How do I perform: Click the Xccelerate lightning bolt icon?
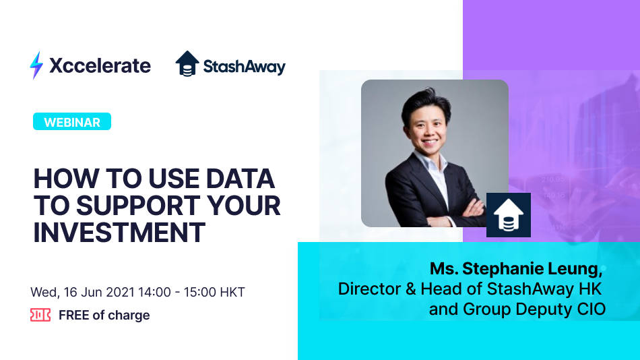pyautogui.click(x=36, y=65)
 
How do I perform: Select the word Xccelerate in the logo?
pyautogui.click(x=100, y=65)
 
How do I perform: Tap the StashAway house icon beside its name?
pyautogui.click(x=188, y=64)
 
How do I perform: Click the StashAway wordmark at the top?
pyautogui.click(x=244, y=67)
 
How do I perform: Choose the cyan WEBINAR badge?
pyautogui.click(x=72, y=122)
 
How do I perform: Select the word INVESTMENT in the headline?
pyautogui.click(x=119, y=231)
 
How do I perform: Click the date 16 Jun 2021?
pyautogui.click(x=100, y=293)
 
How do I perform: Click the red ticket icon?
pyautogui.click(x=40, y=315)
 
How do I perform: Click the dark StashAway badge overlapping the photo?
pyautogui.click(x=509, y=215)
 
